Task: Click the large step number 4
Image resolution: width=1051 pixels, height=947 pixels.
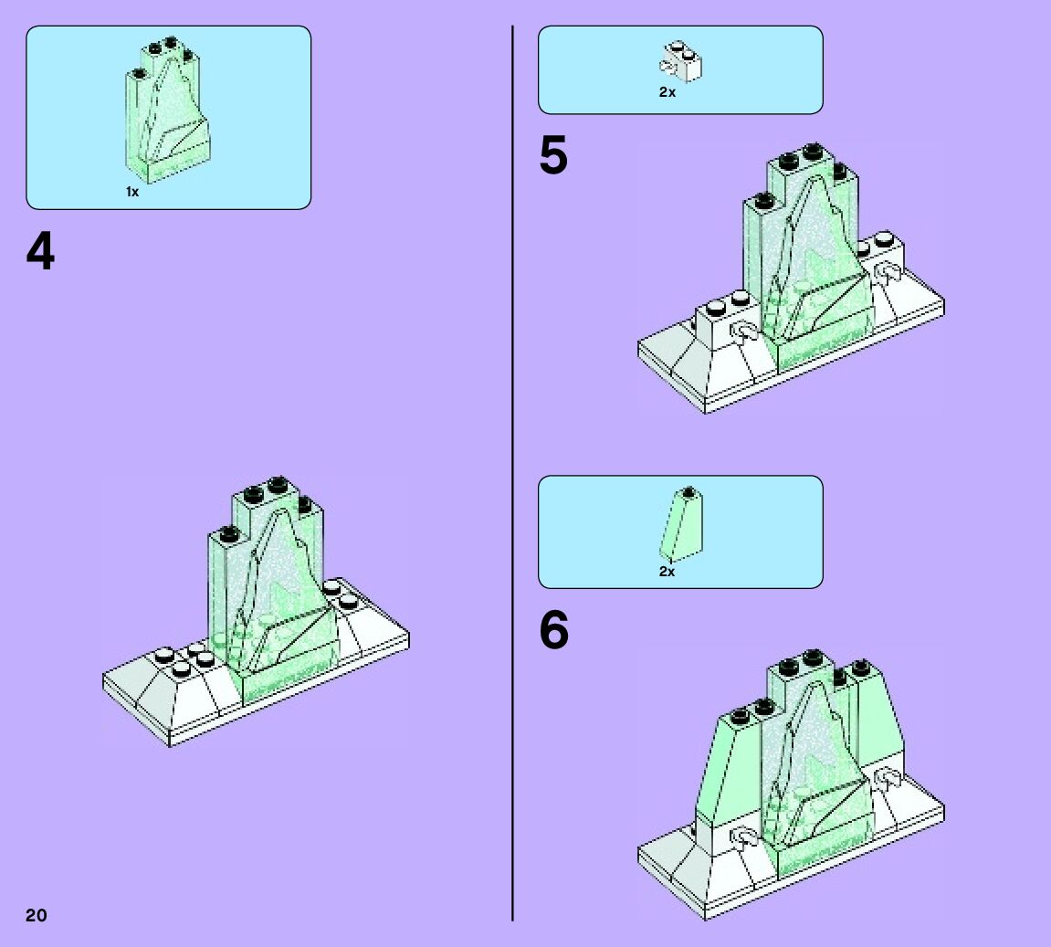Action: tap(40, 251)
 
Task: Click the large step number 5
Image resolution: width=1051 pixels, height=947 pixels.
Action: tap(552, 155)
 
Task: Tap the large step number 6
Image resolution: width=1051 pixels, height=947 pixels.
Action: tap(553, 630)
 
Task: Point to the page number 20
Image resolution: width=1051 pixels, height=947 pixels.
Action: tap(36, 915)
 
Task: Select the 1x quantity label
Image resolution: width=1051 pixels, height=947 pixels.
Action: tap(132, 192)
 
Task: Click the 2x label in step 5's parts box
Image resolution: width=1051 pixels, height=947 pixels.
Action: tap(667, 92)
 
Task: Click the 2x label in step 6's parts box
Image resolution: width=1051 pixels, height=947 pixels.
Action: tap(667, 572)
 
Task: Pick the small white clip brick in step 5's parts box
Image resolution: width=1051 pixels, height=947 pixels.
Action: tap(680, 61)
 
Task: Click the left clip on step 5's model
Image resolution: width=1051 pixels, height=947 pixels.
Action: tap(744, 333)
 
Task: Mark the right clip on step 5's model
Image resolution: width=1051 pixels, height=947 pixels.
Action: tap(887, 274)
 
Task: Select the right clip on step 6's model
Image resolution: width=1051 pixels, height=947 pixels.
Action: tap(887, 779)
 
